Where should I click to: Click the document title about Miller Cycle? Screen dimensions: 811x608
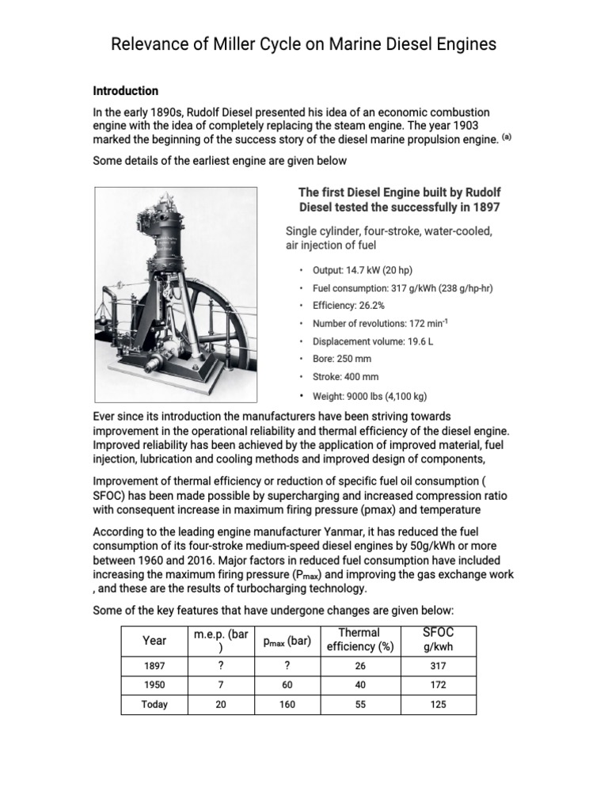[303, 44]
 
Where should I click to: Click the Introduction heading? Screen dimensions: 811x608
[125, 91]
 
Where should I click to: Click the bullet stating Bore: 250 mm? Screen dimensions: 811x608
[342, 359]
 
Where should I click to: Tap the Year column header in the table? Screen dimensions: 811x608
[154, 640]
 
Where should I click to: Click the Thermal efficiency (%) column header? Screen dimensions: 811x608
[360, 640]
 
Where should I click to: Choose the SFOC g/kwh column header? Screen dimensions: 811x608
[439, 640]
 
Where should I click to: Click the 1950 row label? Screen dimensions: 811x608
[154, 684]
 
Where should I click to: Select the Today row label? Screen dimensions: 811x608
[154, 704]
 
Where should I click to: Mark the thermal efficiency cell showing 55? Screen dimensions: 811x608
[360, 704]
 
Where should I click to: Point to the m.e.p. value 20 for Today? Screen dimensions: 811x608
[220, 704]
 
